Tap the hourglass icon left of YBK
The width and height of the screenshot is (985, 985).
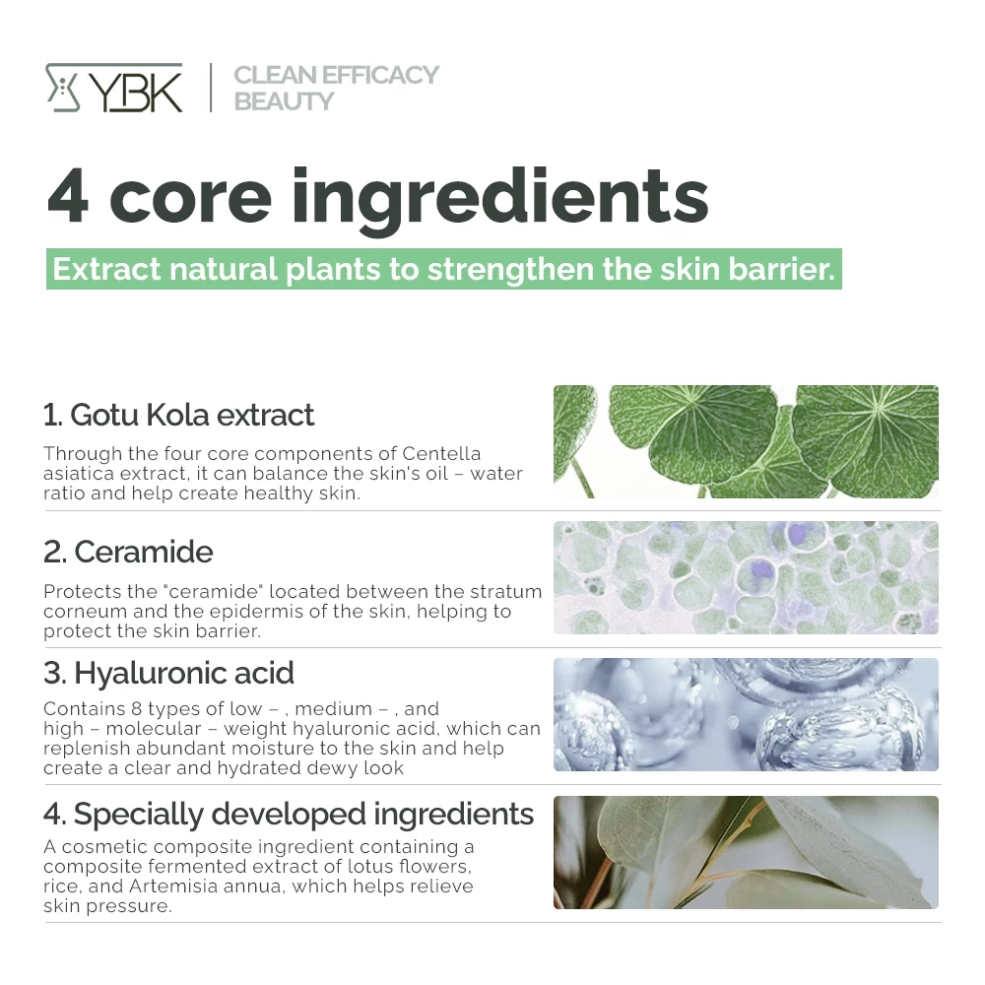(x=63, y=88)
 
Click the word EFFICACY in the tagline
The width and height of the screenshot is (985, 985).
(x=380, y=75)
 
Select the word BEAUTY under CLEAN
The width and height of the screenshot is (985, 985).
(x=284, y=101)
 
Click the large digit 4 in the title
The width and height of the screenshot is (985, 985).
(x=68, y=195)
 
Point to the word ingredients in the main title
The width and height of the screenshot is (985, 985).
(x=500, y=199)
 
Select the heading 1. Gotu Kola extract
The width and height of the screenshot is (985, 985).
(x=178, y=415)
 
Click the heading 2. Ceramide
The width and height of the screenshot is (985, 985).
(x=128, y=552)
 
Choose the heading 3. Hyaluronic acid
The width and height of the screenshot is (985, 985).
(x=168, y=674)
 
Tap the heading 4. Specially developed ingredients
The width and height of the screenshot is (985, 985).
(x=289, y=815)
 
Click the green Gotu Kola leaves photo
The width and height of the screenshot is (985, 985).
(x=746, y=441)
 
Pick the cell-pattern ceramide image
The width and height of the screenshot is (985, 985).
(x=746, y=577)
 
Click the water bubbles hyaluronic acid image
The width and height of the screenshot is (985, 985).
(x=746, y=714)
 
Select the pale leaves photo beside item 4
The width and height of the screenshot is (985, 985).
(x=746, y=852)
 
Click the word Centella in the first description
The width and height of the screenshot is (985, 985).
(x=441, y=453)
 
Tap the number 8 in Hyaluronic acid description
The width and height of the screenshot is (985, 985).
(x=136, y=708)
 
